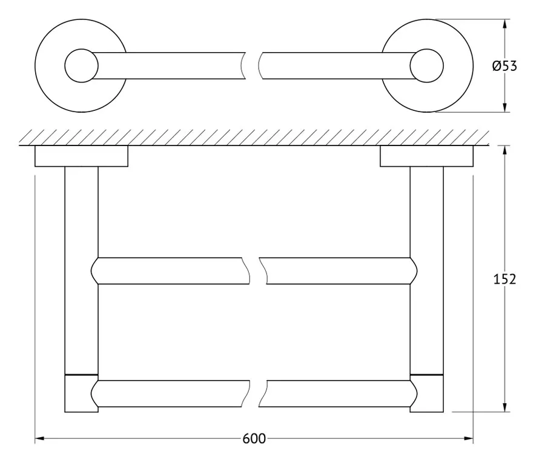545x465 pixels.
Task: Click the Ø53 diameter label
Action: [504, 66]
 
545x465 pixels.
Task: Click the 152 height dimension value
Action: [504, 279]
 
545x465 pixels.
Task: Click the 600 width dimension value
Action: [254, 438]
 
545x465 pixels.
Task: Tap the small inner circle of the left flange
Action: [82, 66]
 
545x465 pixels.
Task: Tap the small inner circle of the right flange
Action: [427, 66]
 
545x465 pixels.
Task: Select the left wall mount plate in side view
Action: [81, 156]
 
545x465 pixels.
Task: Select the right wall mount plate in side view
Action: [426, 156]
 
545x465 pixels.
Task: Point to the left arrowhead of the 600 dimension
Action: [39, 438]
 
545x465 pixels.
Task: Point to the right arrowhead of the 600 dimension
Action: [469, 438]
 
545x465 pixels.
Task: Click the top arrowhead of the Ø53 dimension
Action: [504, 24]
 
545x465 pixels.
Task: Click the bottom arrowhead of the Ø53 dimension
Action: [504, 107]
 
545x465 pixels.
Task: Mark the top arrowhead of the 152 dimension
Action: [504, 150]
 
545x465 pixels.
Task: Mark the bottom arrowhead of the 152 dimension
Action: [504, 407]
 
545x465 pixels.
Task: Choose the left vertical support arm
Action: [81, 270]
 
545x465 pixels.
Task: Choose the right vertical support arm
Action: [427, 270]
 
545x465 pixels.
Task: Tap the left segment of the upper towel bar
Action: [170, 271]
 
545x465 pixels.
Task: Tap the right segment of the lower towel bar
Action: [338, 393]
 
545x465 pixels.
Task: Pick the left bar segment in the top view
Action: [168, 66]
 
